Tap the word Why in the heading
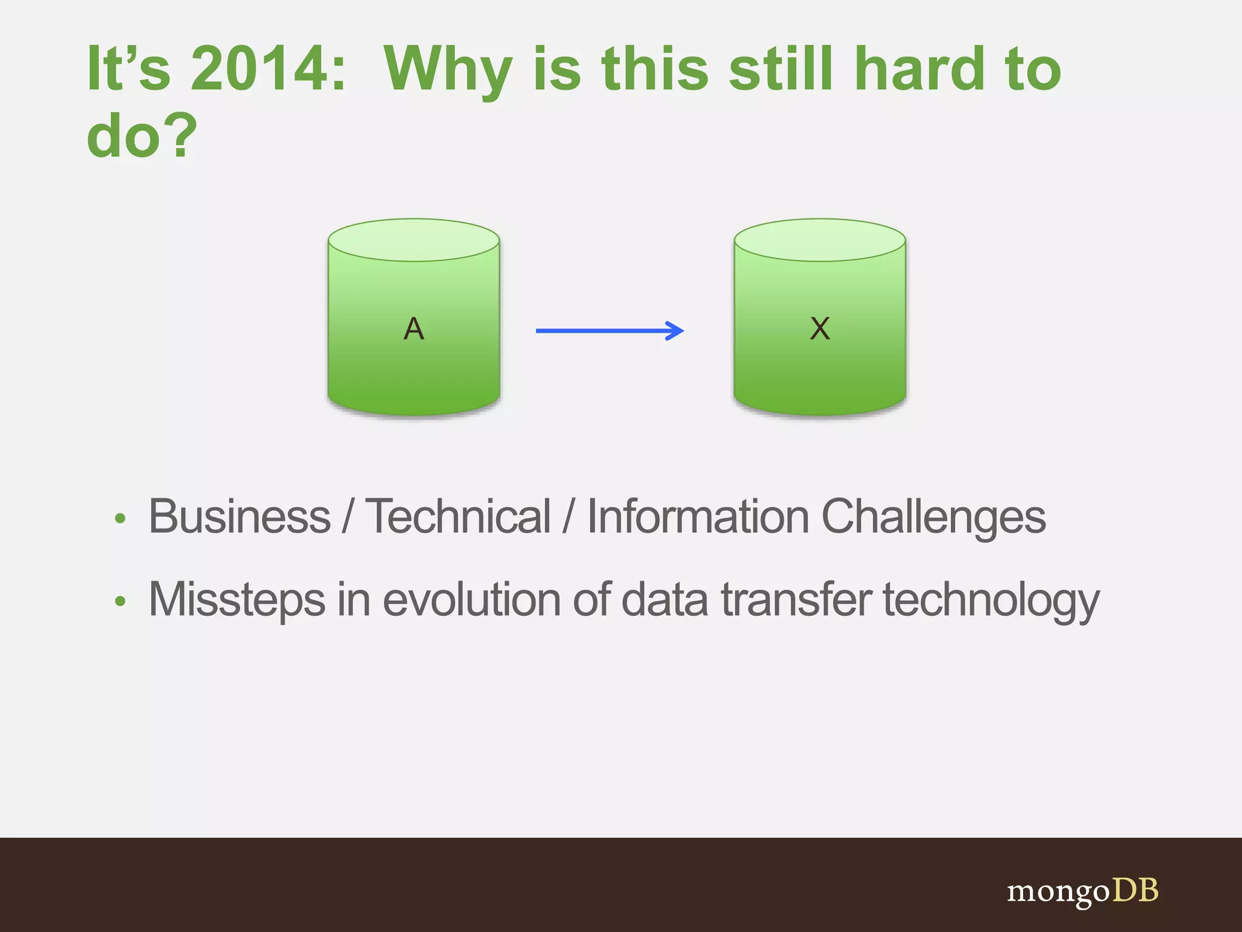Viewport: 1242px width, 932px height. coord(449,69)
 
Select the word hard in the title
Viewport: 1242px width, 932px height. coord(919,69)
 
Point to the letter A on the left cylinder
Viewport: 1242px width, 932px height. coord(414,329)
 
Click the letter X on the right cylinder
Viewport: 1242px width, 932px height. coord(820,329)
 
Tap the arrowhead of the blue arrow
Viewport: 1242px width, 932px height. coord(676,331)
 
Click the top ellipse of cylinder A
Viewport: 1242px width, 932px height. coord(414,240)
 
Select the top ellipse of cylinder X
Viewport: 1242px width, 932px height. coord(820,240)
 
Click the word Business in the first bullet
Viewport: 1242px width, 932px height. coord(240,517)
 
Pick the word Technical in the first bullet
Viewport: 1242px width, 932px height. coord(458,517)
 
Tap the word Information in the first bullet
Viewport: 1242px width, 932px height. coord(698,517)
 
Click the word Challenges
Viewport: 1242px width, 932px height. coord(933,517)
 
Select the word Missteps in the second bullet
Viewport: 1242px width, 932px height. coord(237,600)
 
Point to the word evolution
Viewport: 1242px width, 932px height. coord(472,600)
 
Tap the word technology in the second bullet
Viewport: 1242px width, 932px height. coord(990,600)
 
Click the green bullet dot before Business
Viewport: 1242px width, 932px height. coord(120,519)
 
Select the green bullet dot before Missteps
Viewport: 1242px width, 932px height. coord(120,601)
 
